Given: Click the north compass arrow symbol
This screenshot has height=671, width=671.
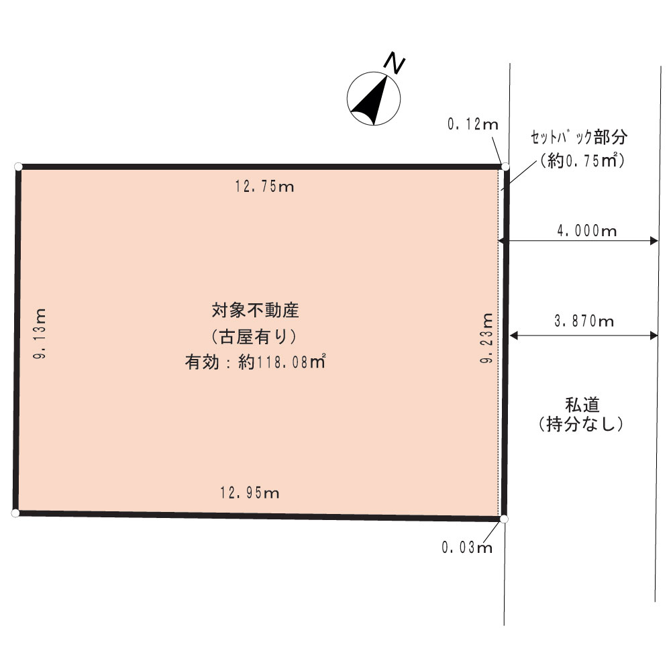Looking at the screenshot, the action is coord(374,99).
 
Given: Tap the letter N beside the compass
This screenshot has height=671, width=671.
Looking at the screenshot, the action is coord(394,63).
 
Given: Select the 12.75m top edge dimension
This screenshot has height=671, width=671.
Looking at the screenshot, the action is coord(264,186).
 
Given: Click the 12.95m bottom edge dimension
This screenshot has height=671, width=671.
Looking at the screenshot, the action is coord(250,493).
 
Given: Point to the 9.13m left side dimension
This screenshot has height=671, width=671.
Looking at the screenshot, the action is coord(40,333).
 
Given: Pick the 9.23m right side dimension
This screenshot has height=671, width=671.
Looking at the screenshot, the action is coord(486,338).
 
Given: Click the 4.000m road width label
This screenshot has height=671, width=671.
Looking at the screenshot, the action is coord(586,231).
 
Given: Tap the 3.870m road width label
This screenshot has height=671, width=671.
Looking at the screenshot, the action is coord(584,321).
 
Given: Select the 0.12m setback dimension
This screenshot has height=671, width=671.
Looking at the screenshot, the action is coord(473,124).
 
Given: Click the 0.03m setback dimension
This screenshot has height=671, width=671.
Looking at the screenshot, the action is coord(467,548).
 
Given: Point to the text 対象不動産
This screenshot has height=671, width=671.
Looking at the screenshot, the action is coord(255,310).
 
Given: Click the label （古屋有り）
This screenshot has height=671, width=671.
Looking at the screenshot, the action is coord(254,337).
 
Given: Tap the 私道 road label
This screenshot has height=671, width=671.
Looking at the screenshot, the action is coord(582,405).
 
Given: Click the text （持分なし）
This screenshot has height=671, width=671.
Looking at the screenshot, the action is coord(580,424).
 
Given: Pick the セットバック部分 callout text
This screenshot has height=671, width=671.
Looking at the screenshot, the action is coord(579,138).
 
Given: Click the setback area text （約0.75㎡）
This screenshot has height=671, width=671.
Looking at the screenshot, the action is coord(582,160).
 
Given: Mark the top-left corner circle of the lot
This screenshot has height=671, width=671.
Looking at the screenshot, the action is coord(18,166).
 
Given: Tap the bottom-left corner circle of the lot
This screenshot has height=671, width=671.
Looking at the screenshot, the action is coord(15,513).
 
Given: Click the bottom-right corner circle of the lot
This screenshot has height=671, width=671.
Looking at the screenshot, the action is coord(504,519).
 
